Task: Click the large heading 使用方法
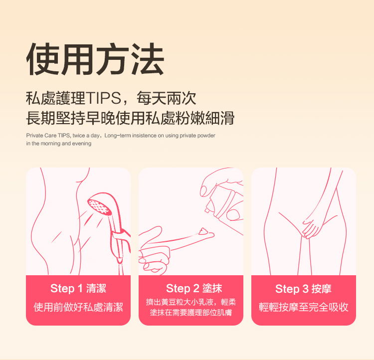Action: coord(95,59)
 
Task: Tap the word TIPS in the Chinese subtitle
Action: coord(103,98)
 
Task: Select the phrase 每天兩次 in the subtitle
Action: coord(167,98)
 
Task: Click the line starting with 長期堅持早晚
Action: coord(130,118)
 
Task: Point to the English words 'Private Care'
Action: coord(41,136)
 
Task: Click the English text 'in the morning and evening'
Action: coord(59,144)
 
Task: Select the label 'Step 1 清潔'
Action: coord(78,288)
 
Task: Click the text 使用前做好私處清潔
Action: coord(78,307)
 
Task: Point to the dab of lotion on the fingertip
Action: coord(203,231)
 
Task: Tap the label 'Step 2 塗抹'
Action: coord(194,288)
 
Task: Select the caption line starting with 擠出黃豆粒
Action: coord(191,302)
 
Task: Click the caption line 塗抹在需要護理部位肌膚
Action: coord(191,313)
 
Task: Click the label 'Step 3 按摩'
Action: coord(303,289)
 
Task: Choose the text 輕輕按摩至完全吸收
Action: coord(303,307)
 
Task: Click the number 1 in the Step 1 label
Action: coord(80,288)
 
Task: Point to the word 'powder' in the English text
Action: coord(206,136)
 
